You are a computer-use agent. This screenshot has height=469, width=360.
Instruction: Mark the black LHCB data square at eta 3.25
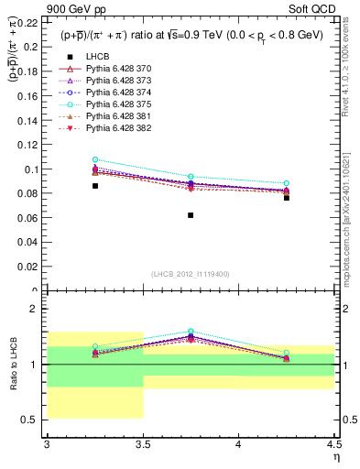pyautogui.click(x=94, y=186)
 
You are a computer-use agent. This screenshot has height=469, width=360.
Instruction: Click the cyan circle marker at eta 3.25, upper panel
pyautogui.click(x=94, y=159)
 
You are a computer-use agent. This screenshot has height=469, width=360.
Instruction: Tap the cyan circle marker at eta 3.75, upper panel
pyautogui.click(x=191, y=177)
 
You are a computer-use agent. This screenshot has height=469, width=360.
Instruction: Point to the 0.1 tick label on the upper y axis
pyautogui.click(x=32, y=169)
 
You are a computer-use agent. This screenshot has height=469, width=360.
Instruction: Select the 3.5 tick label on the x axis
pyautogui.click(x=142, y=445)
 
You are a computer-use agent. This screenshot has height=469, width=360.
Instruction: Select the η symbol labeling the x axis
pyautogui.click(x=335, y=457)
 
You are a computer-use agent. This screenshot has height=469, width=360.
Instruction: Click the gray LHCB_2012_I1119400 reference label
pyautogui.click(x=191, y=274)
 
